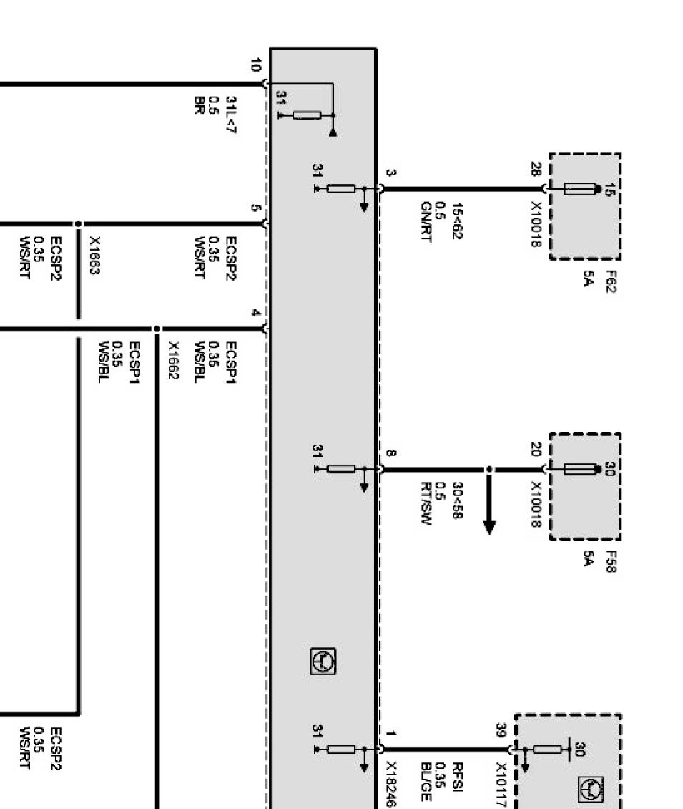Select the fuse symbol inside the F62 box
580,189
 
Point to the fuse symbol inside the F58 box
580,469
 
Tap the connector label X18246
392,784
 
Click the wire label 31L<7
231,115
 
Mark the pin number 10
256,65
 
